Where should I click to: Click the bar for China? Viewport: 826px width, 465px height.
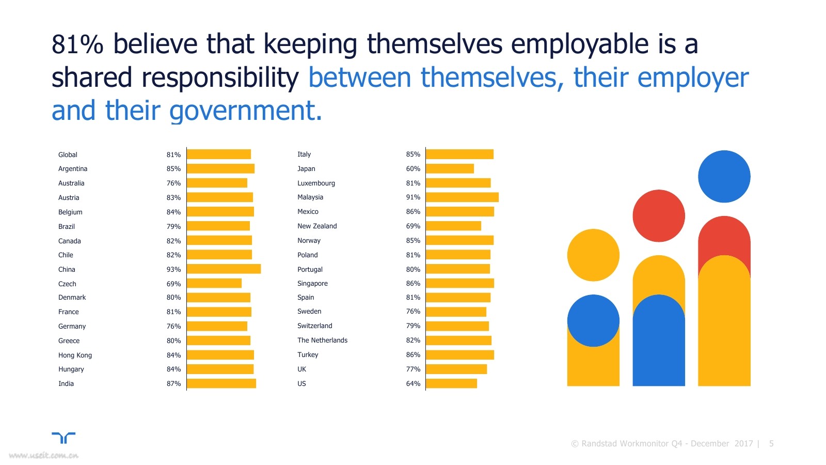[224, 269]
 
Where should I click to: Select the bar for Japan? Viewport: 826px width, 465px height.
[450, 168]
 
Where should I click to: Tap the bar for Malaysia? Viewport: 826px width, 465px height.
[462, 197]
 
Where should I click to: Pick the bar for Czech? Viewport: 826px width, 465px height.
[214, 284]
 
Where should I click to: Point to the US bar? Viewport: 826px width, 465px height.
[451, 383]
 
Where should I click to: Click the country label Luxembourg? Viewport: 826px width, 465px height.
[316, 183]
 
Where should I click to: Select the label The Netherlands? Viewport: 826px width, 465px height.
[322, 340]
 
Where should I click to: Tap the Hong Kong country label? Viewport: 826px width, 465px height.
[75, 355]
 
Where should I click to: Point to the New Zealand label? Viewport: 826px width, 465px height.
[317, 226]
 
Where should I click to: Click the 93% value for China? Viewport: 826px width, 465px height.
[173, 269]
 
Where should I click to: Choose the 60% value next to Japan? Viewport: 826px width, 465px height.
[413, 168]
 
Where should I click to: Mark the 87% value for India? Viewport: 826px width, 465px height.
[173, 383]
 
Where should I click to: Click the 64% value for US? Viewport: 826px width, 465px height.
[413, 383]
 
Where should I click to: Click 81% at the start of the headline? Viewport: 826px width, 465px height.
[77, 44]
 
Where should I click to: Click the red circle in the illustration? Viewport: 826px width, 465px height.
[659, 216]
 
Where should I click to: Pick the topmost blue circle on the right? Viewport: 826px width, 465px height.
[724, 176]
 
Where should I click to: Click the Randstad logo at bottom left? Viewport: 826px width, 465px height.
[63, 438]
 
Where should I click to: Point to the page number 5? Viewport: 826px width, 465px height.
[771, 443]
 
